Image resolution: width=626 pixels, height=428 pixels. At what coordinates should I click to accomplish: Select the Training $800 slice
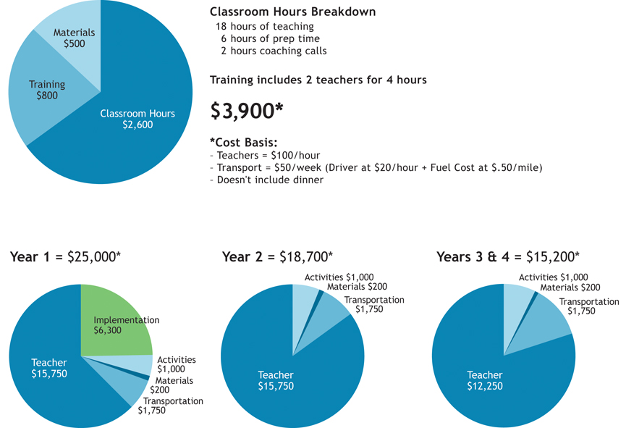(x=45, y=89)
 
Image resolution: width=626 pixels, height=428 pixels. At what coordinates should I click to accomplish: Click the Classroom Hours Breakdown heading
(x=292, y=12)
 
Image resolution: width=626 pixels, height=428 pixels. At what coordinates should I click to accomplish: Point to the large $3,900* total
(x=247, y=110)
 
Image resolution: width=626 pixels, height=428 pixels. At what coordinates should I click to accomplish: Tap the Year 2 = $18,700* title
(x=277, y=257)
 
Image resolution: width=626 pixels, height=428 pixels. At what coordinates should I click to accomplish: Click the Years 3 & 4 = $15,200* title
(x=507, y=257)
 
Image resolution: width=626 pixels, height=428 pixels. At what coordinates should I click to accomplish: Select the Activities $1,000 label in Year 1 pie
(x=176, y=364)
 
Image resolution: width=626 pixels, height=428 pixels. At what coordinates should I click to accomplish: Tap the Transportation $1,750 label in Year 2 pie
(x=373, y=304)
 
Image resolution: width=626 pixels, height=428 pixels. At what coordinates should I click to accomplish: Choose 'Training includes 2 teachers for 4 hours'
(x=318, y=80)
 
